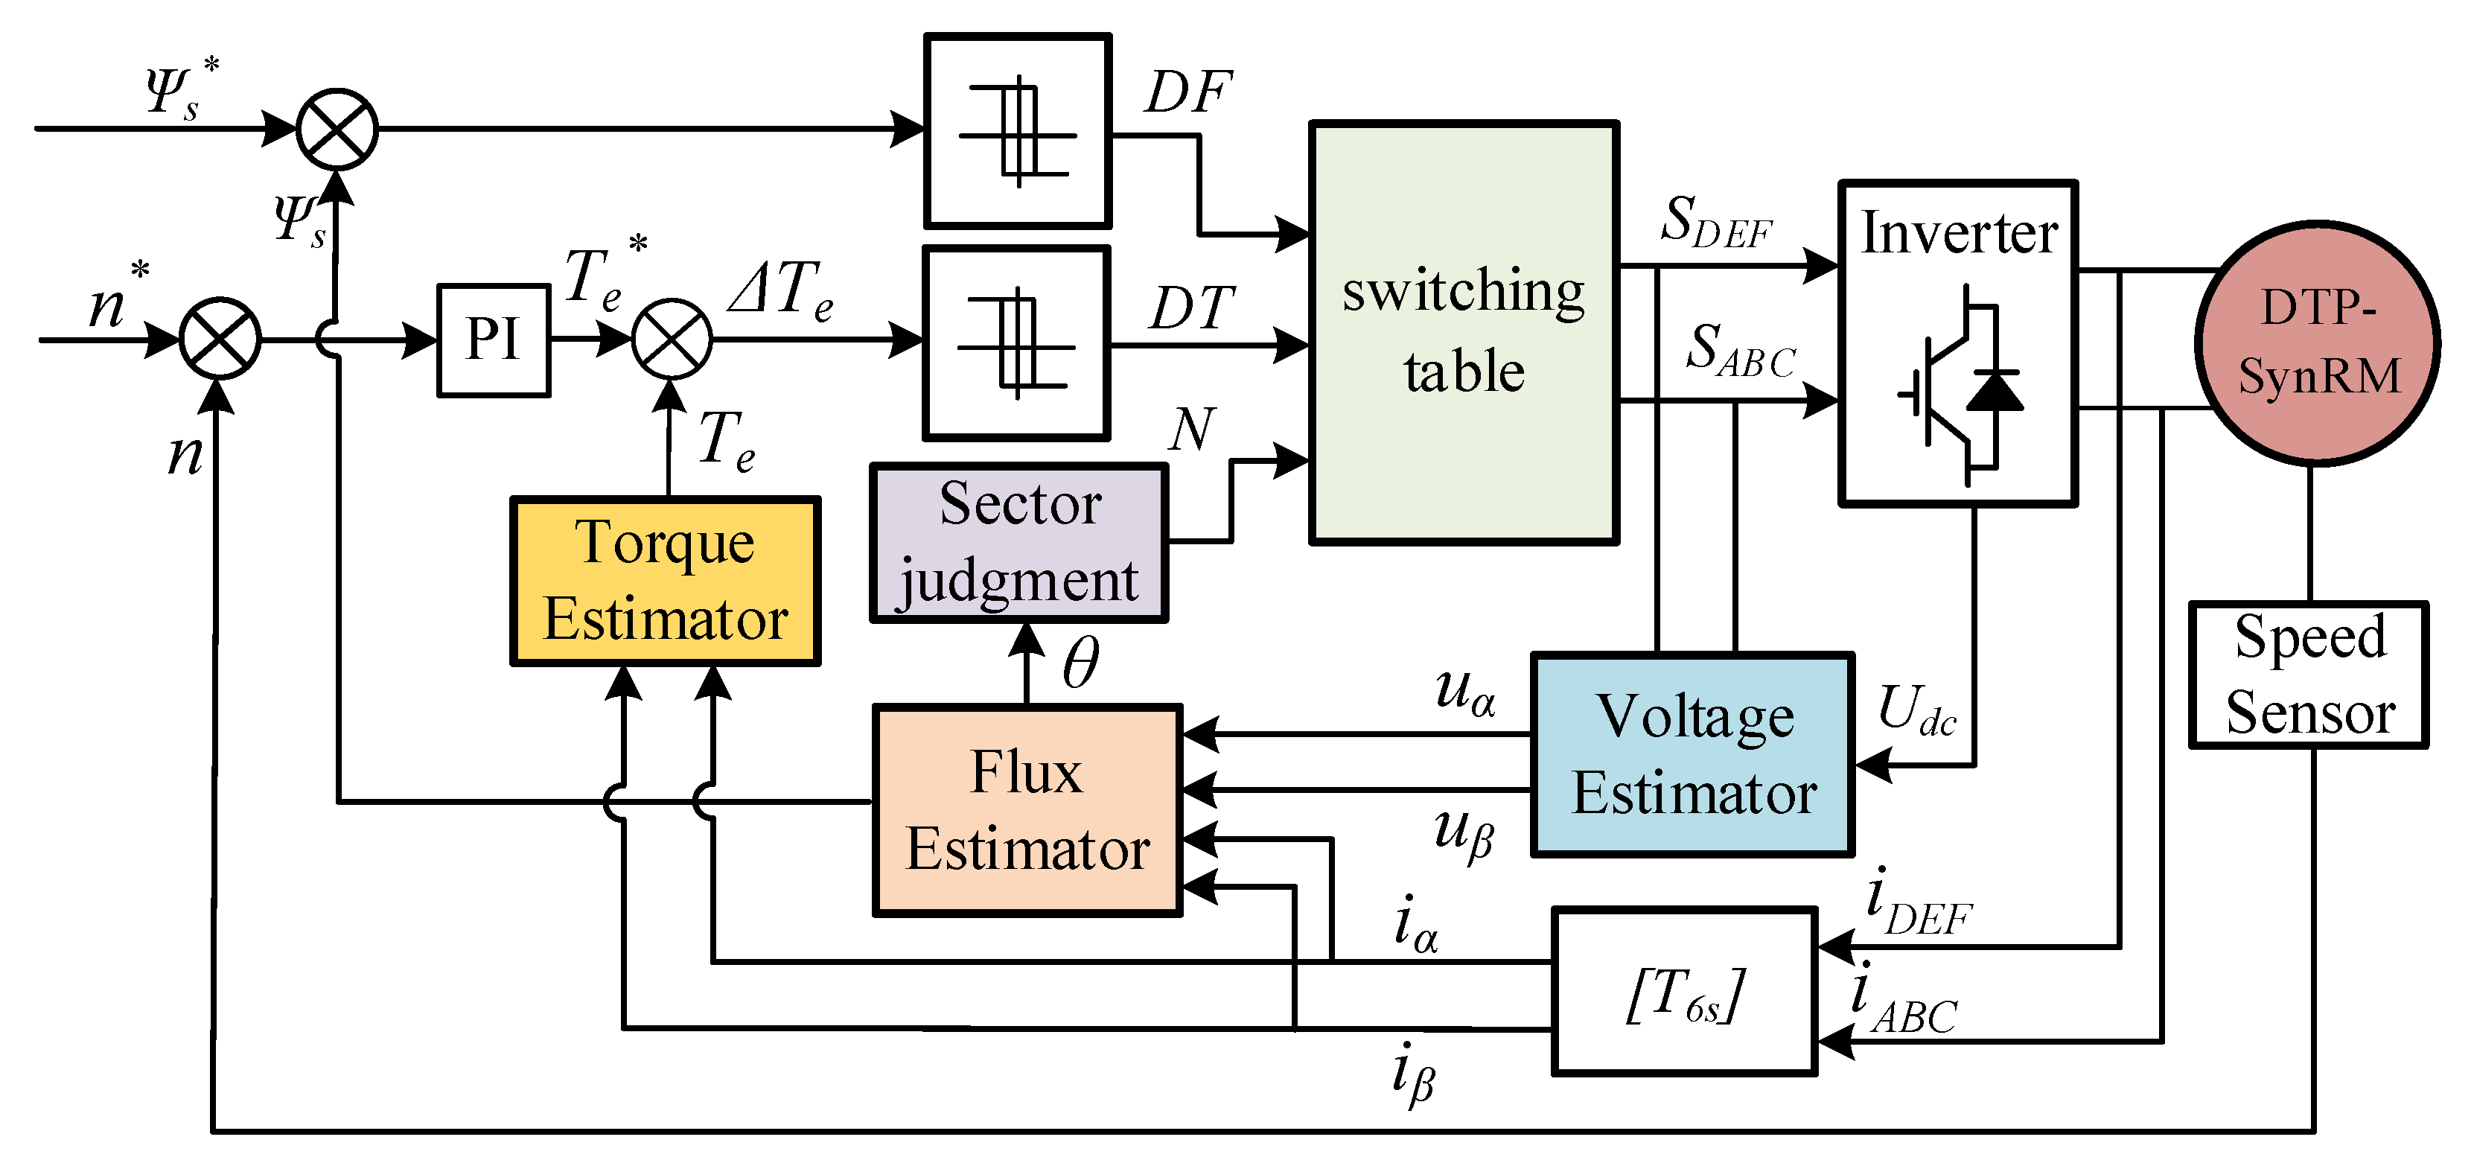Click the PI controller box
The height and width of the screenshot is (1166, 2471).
(x=493, y=340)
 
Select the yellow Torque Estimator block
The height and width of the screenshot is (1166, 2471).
(x=665, y=581)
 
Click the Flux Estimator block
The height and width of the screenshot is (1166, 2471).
(x=1027, y=810)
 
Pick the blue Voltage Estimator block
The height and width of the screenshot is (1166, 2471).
(x=1693, y=754)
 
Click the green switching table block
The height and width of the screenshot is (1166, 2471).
(x=1464, y=332)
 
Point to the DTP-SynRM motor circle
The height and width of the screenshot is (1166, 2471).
(x=2318, y=343)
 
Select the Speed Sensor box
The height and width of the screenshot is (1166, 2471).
(x=2309, y=675)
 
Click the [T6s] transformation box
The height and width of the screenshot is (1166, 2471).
(x=1684, y=991)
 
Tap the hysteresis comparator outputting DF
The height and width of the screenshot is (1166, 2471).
(x=1018, y=132)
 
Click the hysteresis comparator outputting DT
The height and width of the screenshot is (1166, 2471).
(x=1015, y=343)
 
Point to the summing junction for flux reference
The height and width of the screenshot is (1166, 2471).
(x=337, y=129)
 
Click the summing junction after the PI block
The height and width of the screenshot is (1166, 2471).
(x=672, y=339)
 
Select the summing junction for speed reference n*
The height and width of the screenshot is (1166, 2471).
(x=220, y=339)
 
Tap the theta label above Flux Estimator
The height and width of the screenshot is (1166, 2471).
(x=1080, y=663)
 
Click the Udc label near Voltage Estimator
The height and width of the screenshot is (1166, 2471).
(x=1916, y=711)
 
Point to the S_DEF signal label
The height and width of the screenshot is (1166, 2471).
(x=1716, y=223)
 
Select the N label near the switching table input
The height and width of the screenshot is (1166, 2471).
(x=1193, y=429)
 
